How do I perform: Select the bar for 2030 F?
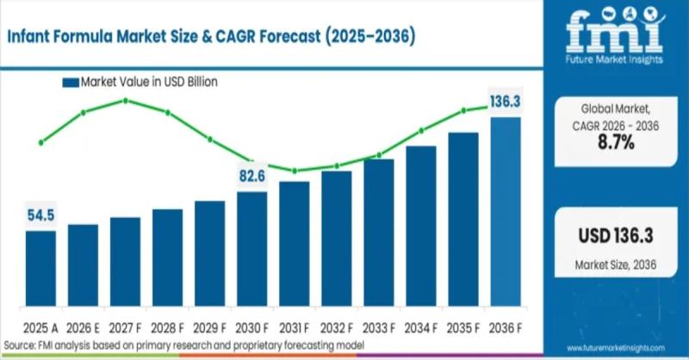[252, 251]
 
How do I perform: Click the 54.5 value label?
[40, 215]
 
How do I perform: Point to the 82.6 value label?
[252, 177]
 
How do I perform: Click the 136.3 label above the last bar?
[506, 102]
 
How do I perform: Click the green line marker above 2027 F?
[126, 101]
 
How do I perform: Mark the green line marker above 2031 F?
[295, 171]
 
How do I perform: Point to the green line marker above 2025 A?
[40, 143]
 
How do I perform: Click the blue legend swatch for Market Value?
[70, 83]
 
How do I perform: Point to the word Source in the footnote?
[18, 344]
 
